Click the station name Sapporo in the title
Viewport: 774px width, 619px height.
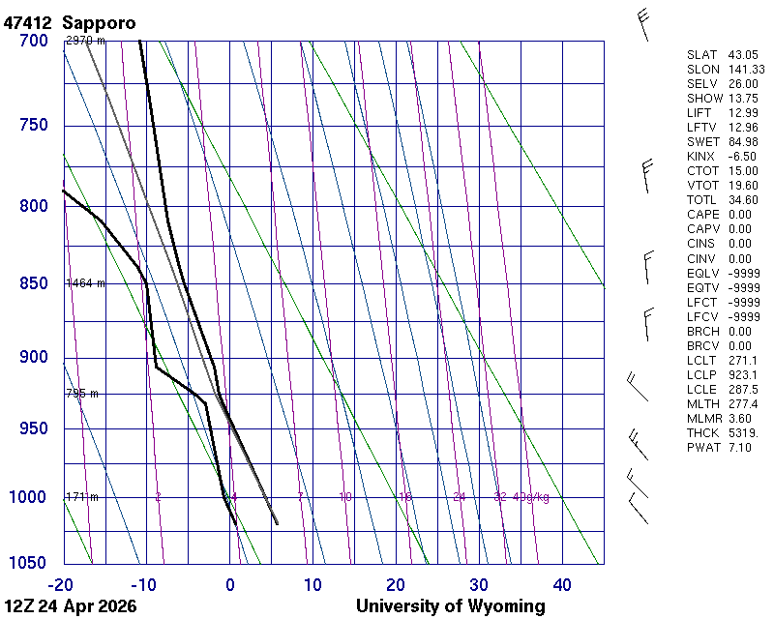pyautogui.click(x=99, y=22)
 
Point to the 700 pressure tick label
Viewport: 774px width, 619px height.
pyautogui.click(x=34, y=41)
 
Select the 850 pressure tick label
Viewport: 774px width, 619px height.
pyautogui.click(x=34, y=283)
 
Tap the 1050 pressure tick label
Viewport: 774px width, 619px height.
pyautogui.click(x=29, y=563)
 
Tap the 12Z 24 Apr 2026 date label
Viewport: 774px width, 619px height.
pyautogui.click(x=70, y=606)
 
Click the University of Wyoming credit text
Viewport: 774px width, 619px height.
pyautogui.click(x=450, y=606)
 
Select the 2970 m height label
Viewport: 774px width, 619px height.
pyautogui.click(x=85, y=41)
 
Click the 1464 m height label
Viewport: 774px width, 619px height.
pyautogui.click(x=85, y=283)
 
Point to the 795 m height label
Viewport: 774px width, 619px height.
pyautogui.click(x=82, y=394)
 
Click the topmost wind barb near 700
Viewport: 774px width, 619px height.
pyautogui.click(x=644, y=23)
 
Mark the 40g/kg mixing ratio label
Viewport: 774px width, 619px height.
pyautogui.click(x=532, y=497)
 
